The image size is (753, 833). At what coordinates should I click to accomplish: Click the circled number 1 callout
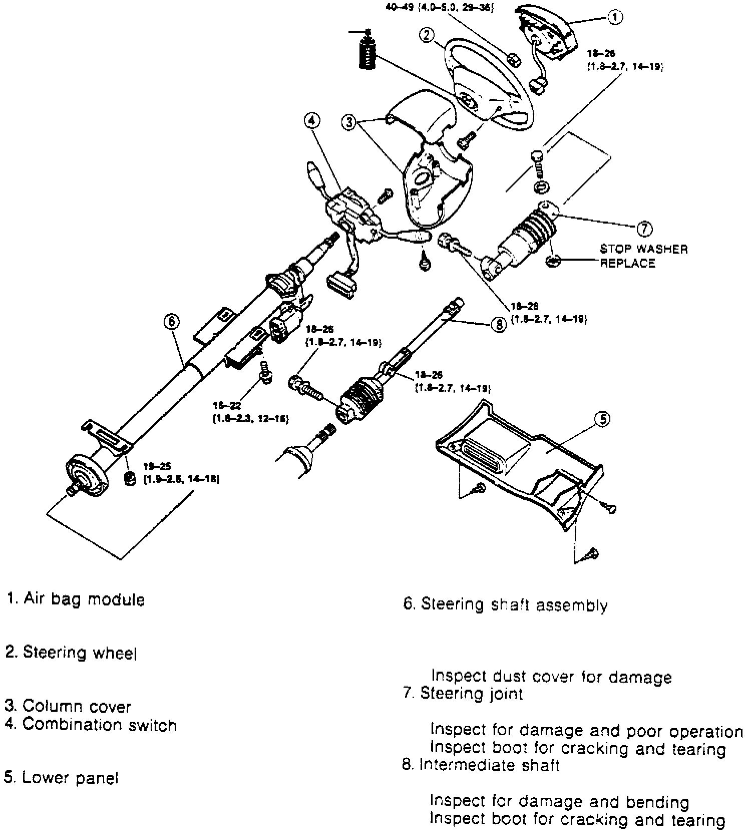click(615, 18)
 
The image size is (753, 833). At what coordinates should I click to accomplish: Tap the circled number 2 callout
click(426, 36)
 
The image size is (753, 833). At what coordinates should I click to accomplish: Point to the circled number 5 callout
click(602, 419)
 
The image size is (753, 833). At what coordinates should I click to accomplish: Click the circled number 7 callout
click(644, 229)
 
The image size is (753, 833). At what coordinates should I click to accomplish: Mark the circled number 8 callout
click(499, 325)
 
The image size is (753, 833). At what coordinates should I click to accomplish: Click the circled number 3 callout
click(349, 122)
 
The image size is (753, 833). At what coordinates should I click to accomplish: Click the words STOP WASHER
click(644, 249)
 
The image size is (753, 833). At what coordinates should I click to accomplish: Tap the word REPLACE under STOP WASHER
click(628, 263)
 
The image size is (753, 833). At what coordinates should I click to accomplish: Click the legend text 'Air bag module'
click(84, 599)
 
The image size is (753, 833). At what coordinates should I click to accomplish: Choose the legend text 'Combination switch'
click(100, 725)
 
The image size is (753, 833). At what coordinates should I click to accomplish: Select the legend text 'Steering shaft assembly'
click(514, 605)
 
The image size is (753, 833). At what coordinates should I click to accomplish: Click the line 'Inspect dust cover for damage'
click(551, 677)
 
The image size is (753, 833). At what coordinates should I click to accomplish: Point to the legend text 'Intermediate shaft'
click(489, 765)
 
